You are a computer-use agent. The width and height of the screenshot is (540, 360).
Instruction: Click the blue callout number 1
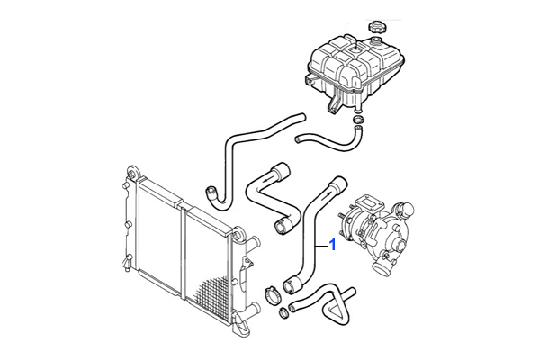(x=332, y=245)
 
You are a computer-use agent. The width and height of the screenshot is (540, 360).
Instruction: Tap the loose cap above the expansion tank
(x=375, y=27)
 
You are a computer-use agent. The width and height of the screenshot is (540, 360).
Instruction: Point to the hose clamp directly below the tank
(x=357, y=120)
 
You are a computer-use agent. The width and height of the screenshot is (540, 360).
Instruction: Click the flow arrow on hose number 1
(x=328, y=196)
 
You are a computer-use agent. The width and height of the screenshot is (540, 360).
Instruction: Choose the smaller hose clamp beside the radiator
(x=283, y=313)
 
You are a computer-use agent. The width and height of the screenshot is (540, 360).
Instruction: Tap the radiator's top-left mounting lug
(x=132, y=172)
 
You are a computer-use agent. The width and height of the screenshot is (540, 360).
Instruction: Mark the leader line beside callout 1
(x=321, y=246)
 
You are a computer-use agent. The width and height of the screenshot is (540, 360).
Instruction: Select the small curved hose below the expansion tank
(x=328, y=140)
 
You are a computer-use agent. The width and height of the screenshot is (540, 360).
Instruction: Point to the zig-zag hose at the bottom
(x=322, y=304)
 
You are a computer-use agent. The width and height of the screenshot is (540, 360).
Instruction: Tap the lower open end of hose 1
(x=289, y=286)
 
